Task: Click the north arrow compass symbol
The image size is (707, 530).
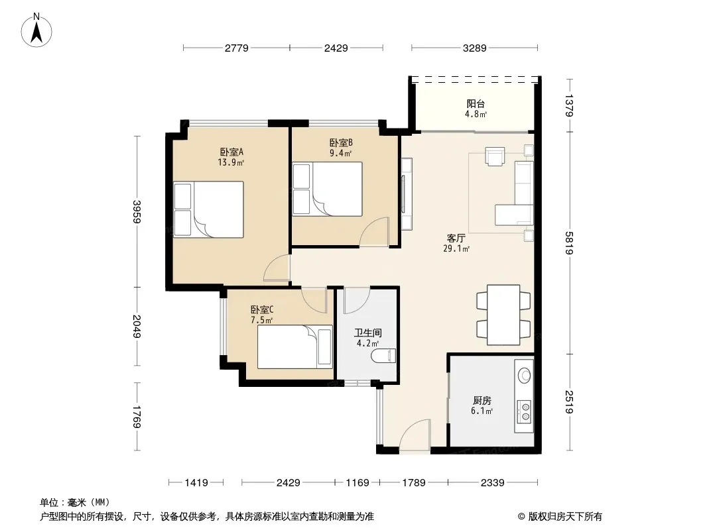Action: [36, 30]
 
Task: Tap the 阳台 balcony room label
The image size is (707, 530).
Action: [476, 104]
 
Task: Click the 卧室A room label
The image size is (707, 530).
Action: [231, 152]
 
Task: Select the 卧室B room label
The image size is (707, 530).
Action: [341, 142]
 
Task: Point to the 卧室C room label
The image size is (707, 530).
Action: [262, 310]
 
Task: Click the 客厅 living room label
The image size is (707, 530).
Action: [456, 238]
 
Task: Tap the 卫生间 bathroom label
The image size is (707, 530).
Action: [368, 333]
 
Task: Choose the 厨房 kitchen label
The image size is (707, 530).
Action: [482, 400]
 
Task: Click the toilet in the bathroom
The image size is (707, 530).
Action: [383, 356]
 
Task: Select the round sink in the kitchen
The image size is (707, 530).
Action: [525, 375]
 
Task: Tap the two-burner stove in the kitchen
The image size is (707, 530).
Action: [524, 411]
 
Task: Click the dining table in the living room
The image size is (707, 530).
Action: [503, 315]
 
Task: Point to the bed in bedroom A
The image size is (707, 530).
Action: [208, 209]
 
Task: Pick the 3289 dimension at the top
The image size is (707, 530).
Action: [474, 48]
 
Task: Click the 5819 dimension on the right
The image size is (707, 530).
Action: [569, 242]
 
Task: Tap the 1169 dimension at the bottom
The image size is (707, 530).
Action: [357, 483]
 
